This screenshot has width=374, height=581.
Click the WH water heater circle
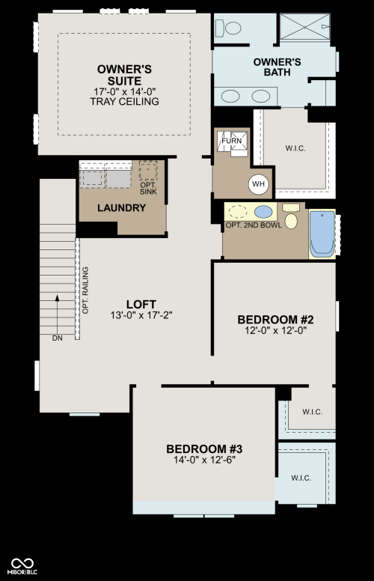click(259, 183)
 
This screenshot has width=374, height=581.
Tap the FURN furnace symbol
click(232, 141)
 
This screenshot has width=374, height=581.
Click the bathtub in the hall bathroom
click(322, 234)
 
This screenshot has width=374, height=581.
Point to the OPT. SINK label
click(148, 188)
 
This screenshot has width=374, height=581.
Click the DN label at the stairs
click(58, 338)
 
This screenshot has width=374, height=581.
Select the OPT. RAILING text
click(85, 290)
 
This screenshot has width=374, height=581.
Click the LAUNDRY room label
click(121, 208)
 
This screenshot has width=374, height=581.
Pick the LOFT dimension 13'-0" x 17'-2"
click(141, 315)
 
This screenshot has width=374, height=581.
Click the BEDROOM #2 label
click(275, 320)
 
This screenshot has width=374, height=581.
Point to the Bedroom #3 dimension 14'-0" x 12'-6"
click(205, 460)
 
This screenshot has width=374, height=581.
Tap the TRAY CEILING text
click(124, 102)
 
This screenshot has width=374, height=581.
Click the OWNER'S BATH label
click(277, 67)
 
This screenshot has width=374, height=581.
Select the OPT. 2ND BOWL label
click(254, 225)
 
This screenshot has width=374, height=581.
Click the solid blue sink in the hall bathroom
click(263, 213)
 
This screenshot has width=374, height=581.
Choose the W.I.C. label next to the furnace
click(295, 148)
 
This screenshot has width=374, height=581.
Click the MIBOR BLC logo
click(22, 567)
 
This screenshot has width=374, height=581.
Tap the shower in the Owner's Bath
click(304, 27)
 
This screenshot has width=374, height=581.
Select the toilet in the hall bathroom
click(291, 216)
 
